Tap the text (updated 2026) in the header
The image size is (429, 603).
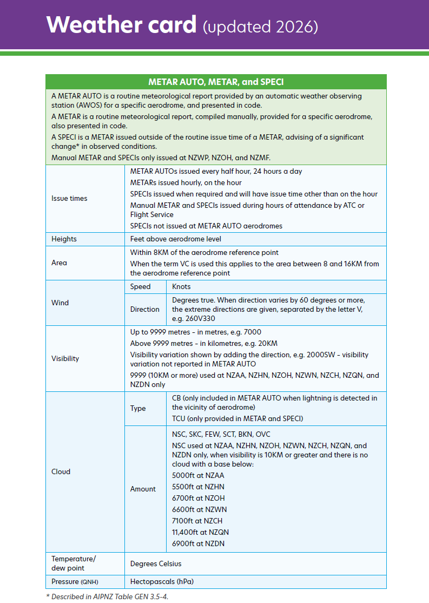tap(260, 26)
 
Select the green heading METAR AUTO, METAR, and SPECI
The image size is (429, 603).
tap(216, 82)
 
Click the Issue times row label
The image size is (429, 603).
tap(69, 199)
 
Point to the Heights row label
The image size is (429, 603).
tap(64, 239)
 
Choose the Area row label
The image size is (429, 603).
tap(60, 263)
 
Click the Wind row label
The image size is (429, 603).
tap(60, 303)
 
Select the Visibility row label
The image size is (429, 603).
tap(65, 359)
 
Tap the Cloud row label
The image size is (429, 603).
tap(61, 472)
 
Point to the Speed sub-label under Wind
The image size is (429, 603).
tap(140, 287)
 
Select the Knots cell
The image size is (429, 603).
tap(181, 287)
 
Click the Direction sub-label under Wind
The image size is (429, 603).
tap(145, 310)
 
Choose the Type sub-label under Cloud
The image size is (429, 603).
tap(138, 409)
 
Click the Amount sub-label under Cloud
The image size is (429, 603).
tap(143, 489)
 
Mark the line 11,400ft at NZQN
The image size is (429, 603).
tap(200, 533)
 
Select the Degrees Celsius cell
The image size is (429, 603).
tap(156, 564)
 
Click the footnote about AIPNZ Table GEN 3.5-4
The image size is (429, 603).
tap(111, 597)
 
